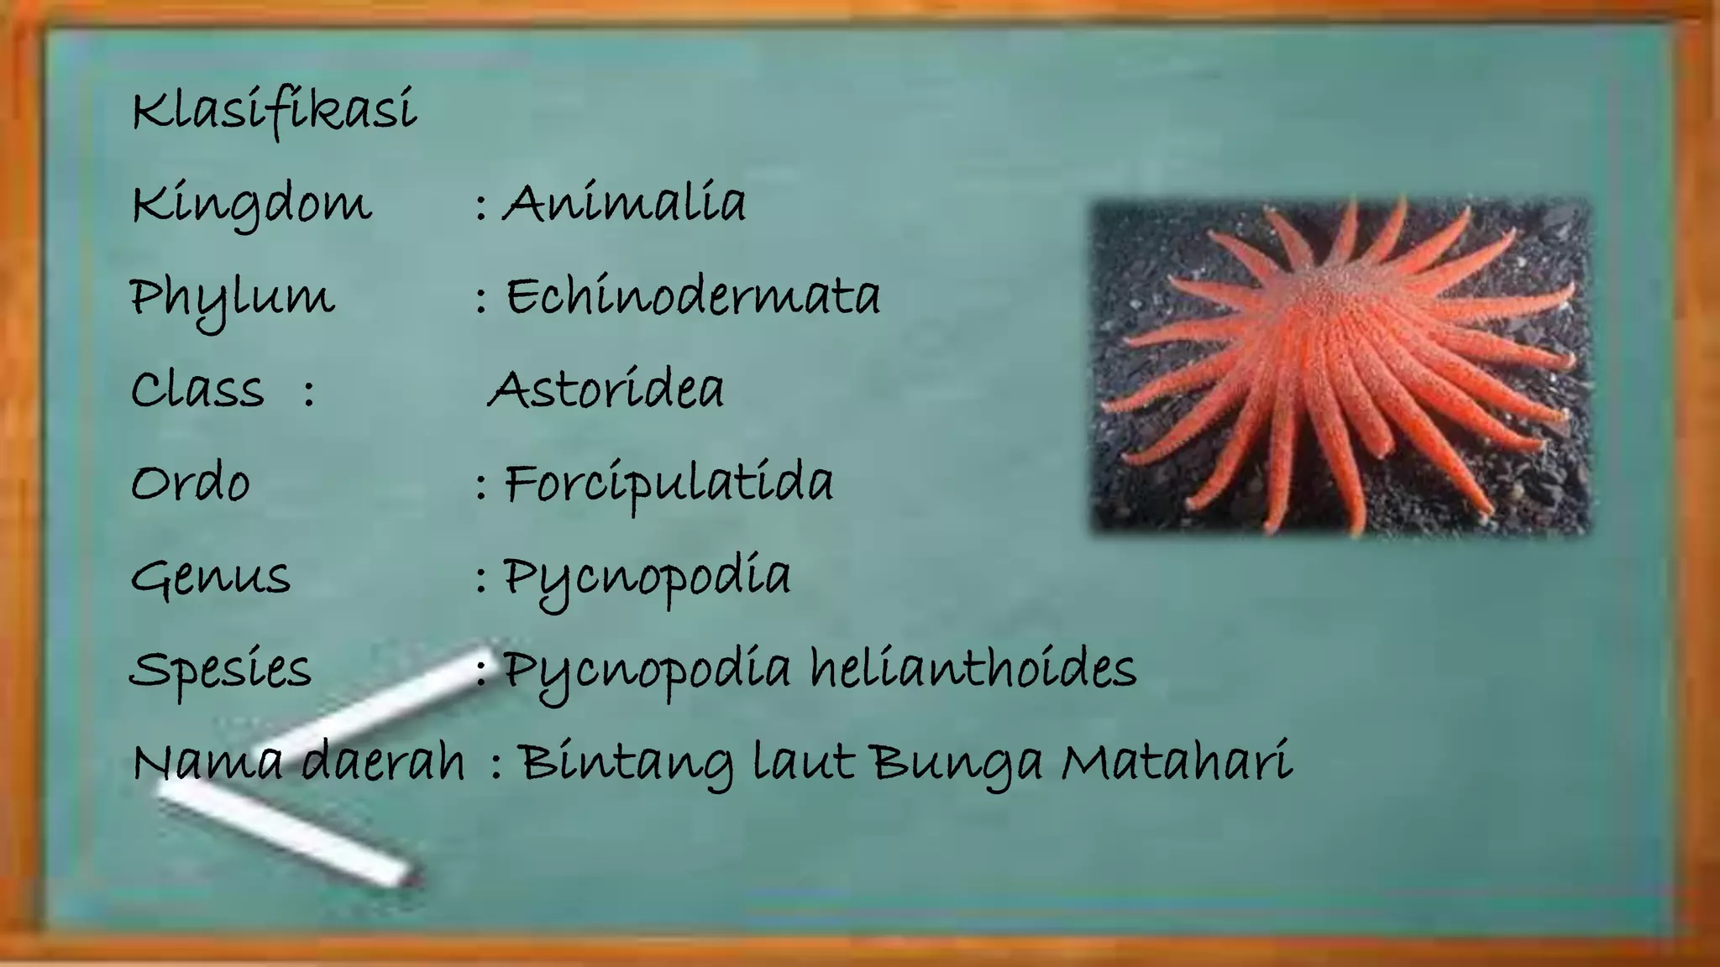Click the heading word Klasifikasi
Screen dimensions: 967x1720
274,111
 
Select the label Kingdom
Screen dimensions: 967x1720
250,204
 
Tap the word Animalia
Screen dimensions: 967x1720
624,204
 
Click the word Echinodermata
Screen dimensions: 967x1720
693,297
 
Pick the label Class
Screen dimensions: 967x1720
197,390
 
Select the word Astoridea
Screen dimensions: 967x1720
606,390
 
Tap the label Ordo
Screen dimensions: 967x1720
191,483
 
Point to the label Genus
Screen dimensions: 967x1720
211,578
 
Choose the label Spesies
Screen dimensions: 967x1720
221,670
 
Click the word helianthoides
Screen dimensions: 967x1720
973,669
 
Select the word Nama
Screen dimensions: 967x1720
207,762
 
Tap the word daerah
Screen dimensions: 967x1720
382,762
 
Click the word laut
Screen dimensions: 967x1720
803,762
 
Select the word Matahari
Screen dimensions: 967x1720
1176,762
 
